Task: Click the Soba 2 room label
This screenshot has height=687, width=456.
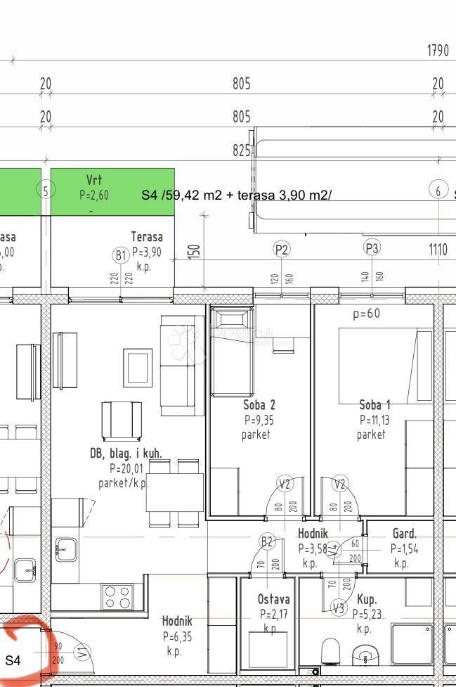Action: pyautogui.click(x=259, y=405)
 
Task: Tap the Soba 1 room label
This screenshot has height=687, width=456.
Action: pyautogui.click(x=374, y=405)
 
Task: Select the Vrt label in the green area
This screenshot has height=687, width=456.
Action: pyautogui.click(x=93, y=180)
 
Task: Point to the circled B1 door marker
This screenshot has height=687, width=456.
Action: pyautogui.click(x=121, y=255)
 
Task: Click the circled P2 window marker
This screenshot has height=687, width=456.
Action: pyautogui.click(x=282, y=248)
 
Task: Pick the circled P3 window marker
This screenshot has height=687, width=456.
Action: pyautogui.click(x=372, y=248)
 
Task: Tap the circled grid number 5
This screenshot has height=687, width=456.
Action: pyautogui.click(x=46, y=190)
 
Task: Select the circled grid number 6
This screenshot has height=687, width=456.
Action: pyautogui.click(x=438, y=190)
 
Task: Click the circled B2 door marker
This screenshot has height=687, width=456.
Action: pyautogui.click(x=267, y=541)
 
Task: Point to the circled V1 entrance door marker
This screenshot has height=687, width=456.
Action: pyautogui.click(x=82, y=653)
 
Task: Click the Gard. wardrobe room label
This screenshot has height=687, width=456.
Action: pyautogui.click(x=404, y=534)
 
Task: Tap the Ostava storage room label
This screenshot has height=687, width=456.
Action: pyautogui.click(x=273, y=599)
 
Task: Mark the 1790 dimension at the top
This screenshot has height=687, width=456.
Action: pyautogui.click(x=437, y=51)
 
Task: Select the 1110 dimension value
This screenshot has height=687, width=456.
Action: pyautogui.click(x=439, y=249)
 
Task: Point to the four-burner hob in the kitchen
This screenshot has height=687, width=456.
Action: pyautogui.click(x=117, y=597)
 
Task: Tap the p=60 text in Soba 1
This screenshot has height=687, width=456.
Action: pyautogui.click(x=366, y=314)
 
